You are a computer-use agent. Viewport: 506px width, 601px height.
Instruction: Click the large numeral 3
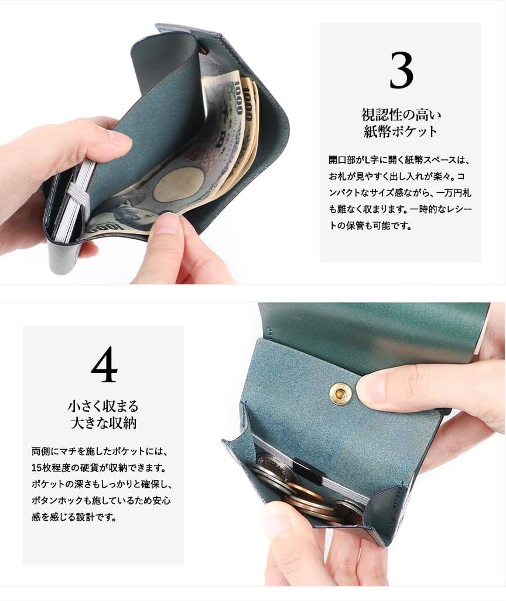[401, 70]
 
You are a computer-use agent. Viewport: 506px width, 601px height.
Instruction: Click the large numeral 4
[104, 364]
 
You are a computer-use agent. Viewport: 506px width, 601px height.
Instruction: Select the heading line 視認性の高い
[401, 114]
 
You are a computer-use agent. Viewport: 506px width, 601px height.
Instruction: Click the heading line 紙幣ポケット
[401, 131]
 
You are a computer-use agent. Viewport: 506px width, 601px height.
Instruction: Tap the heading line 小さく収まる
[103, 406]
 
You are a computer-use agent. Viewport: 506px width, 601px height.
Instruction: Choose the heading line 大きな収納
[103, 423]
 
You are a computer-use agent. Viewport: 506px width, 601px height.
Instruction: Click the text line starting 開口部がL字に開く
[399, 160]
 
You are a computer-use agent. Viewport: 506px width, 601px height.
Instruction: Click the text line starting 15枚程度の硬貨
[99, 468]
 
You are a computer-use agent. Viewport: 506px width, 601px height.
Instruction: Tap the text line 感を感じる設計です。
[74, 517]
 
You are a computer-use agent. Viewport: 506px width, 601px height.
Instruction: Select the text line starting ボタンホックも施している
[101, 501]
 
